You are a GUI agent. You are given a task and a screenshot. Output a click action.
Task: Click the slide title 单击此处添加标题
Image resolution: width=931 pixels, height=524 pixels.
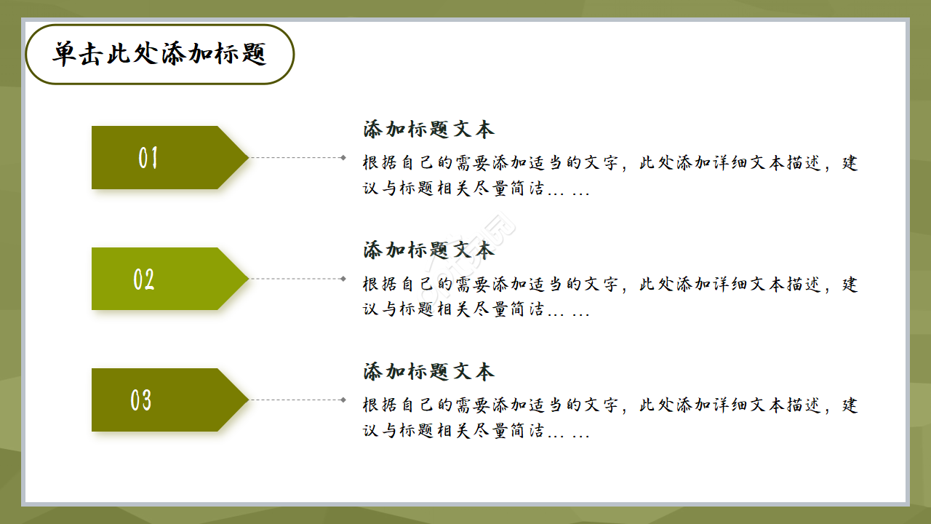(x=159, y=54)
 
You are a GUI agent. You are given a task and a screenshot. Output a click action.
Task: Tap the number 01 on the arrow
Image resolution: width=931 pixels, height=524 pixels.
(x=148, y=158)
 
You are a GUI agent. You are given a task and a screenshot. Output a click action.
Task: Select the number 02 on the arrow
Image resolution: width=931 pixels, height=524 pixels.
(x=144, y=279)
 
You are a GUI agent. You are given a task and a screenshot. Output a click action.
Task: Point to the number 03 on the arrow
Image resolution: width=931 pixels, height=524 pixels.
(x=141, y=400)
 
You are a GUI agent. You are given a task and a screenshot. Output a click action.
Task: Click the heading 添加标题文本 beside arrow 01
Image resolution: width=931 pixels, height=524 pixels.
(x=428, y=130)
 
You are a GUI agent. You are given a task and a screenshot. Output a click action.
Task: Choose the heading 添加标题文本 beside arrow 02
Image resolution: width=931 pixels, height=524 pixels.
(x=428, y=250)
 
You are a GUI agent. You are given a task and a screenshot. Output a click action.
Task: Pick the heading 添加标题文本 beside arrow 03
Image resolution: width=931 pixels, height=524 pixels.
(x=428, y=372)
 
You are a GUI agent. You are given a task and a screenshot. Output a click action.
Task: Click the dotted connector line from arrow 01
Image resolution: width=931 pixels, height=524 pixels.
(x=295, y=157)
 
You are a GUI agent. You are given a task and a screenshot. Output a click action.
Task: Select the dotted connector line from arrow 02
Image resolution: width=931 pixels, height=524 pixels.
(x=295, y=279)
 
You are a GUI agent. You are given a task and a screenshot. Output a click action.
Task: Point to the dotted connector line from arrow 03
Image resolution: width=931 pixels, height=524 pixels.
(x=295, y=400)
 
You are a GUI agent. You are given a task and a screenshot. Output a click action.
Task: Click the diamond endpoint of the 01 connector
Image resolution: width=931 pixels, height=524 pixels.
(x=343, y=157)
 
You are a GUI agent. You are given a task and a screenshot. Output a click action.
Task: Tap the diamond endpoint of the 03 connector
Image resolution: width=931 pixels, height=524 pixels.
(x=343, y=400)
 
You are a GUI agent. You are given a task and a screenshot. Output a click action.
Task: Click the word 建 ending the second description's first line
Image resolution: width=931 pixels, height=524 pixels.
(x=850, y=284)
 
